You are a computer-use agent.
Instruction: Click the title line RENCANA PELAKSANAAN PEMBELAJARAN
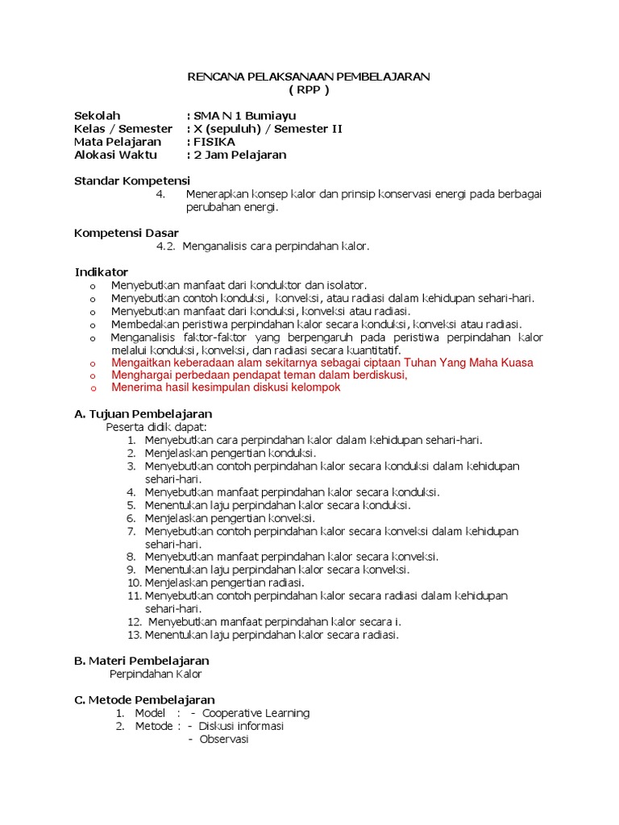click(x=309, y=77)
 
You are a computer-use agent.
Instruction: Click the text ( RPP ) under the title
click(x=309, y=89)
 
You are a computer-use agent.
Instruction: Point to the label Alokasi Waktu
click(x=115, y=155)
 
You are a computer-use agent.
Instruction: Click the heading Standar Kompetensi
click(x=132, y=180)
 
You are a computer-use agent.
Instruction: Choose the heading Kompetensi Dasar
click(x=127, y=233)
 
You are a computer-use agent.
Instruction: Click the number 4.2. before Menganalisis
click(x=166, y=246)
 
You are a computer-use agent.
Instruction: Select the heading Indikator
click(x=102, y=272)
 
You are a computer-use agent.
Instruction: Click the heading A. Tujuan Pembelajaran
click(x=143, y=414)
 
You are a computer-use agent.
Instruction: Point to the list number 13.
click(x=135, y=635)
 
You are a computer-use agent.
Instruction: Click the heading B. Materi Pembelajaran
click(x=142, y=661)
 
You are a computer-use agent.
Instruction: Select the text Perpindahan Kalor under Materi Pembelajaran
click(x=156, y=674)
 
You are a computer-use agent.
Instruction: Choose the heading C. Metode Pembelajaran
click(x=144, y=700)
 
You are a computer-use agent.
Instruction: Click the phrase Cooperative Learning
click(x=255, y=713)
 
